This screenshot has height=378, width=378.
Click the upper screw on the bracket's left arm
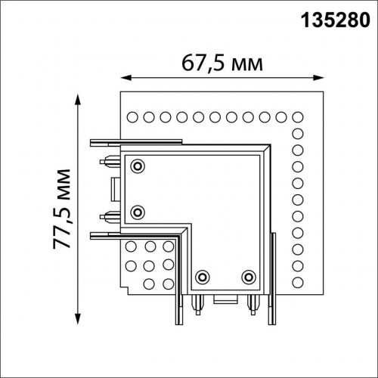pos(138,166)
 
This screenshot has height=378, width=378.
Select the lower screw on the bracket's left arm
pos(138,211)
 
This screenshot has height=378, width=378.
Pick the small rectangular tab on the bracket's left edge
pos(115,188)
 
